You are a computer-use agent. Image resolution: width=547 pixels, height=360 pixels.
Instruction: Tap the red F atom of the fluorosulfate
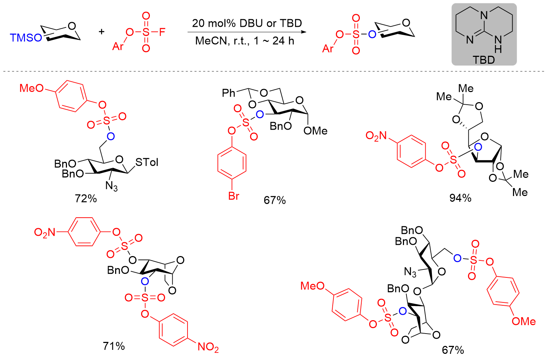pyautogui.click(x=161, y=32)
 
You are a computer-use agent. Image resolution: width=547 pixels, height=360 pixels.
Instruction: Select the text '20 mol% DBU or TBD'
pyautogui.click(x=247, y=24)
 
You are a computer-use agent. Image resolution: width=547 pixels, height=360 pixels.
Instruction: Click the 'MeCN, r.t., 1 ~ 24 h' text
pyautogui.click(x=245, y=41)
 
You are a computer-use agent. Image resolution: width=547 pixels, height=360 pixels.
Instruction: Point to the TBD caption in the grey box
pyautogui.click(x=483, y=60)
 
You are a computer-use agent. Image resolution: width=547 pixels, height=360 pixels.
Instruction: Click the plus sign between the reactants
pyautogui.click(x=102, y=32)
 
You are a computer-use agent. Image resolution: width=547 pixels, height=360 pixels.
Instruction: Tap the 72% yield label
pyautogui.click(x=86, y=198)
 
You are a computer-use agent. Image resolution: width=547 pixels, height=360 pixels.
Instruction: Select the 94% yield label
pyautogui.click(x=460, y=198)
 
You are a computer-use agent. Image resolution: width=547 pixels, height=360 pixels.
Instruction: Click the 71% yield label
pyautogui.click(x=114, y=346)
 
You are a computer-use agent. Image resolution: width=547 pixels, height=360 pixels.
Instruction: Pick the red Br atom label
pyautogui.click(x=233, y=196)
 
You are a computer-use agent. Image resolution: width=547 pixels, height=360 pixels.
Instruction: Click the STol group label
pyautogui.click(x=147, y=162)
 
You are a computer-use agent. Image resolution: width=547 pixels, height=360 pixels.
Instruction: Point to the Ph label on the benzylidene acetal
pyautogui.click(x=228, y=93)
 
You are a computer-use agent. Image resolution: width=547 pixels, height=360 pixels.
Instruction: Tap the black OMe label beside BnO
pyautogui.click(x=315, y=131)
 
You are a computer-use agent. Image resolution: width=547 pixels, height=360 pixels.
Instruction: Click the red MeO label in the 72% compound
pyautogui.click(x=31, y=88)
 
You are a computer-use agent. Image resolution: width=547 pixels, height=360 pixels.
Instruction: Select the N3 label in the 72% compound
pyautogui.click(x=111, y=186)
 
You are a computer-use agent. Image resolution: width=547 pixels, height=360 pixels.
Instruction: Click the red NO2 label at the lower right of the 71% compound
pyautogui.click(x=208, y=347)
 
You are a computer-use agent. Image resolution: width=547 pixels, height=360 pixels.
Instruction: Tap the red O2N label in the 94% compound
pyautogui.click(x=376, y=136)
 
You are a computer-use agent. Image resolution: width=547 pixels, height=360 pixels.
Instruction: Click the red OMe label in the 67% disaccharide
pyautogui.click(x=523, y=321)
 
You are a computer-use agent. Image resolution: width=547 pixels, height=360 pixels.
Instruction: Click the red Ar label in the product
pyautogui.click(x=328, y=49)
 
